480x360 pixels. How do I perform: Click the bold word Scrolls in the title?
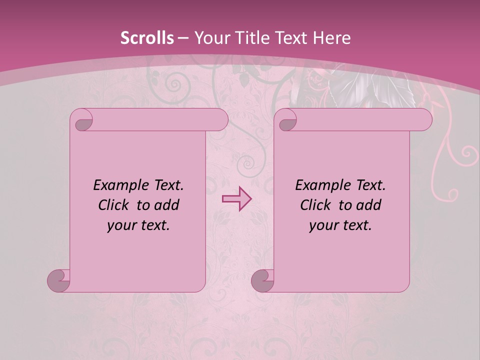[x=147, y=38]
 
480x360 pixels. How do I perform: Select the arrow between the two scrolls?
[x=236, y=199]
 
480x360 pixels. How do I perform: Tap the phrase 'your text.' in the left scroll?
[x=138, y=225]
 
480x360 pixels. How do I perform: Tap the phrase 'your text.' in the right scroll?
[x=340, y=225]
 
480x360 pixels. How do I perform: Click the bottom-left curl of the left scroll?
[x=59, y=280]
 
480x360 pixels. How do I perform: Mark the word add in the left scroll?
[x=167, y=205]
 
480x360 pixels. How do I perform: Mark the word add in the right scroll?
[x=369, y=205]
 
